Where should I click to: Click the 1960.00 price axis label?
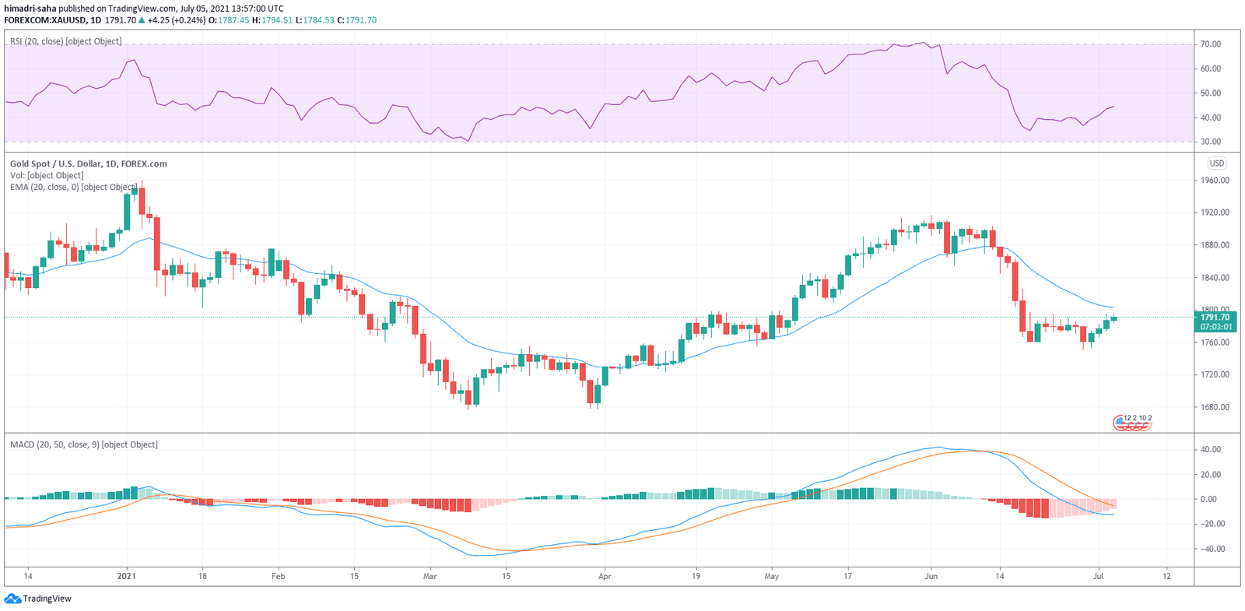(x=1214, y=180)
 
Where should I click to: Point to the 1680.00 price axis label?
(x=1214, y=407)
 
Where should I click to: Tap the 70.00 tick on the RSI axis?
(x=1211, y=44)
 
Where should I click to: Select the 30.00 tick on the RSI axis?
(x=1211, y=142)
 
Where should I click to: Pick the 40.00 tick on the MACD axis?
(x=1211, y=449)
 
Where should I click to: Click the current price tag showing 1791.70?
(x=1215, y=318)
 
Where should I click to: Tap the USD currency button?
(x=1216, y=163)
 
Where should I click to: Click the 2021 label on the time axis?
(x=126, y=576)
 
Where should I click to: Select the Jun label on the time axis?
(x=931, y=576)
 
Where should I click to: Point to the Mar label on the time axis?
(x=430, y=576)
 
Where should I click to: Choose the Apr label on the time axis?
(x=605, y=576)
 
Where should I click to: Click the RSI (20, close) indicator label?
(x=65, y=41)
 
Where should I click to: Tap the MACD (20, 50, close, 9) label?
(x=83, y=444)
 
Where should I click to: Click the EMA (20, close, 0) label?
(x=73, y=187)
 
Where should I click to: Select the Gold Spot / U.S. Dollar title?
(x=88, y=163)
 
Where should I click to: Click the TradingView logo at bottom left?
(x=38, y=599)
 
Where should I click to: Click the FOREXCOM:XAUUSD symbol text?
(x=44, y=20)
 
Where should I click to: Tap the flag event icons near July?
(x=1132, y=422)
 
